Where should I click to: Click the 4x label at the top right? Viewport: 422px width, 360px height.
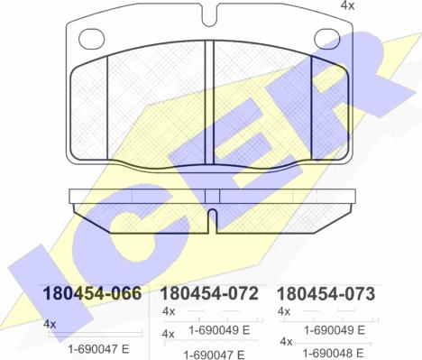point(347,5)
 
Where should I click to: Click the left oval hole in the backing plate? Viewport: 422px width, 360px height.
point(91,39)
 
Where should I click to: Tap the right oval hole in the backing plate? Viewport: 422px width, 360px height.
point(327,39)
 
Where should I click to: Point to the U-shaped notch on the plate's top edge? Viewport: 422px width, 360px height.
point(210,15)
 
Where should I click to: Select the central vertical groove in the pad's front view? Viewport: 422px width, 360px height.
point(209,103)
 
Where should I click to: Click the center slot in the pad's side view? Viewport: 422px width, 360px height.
point(212,221)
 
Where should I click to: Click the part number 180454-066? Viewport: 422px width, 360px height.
point(92,293)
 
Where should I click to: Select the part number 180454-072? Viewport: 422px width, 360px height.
point(209,293)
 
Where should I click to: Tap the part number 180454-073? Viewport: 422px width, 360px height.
point(326,294)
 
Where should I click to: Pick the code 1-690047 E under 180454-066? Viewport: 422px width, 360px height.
point(98,349)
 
